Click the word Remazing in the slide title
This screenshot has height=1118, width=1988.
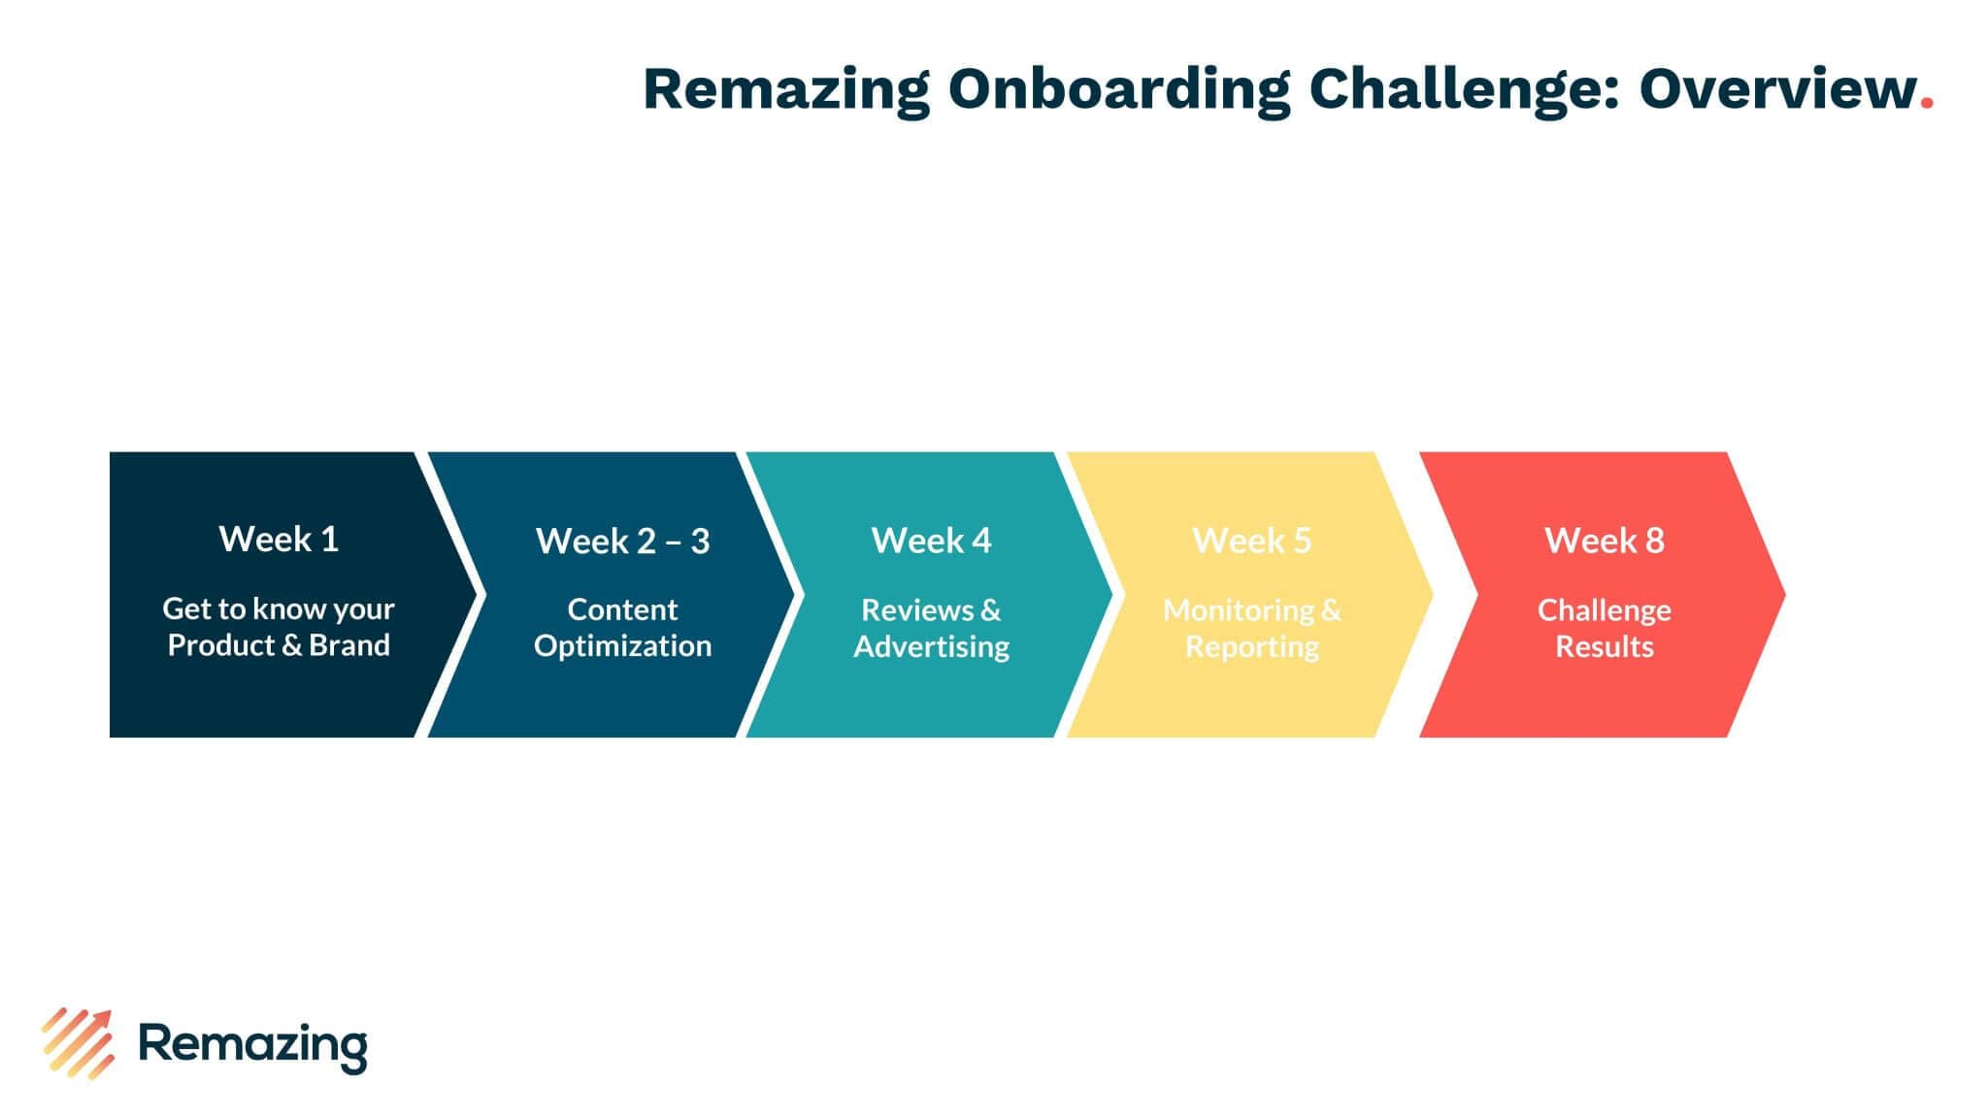point(785,90)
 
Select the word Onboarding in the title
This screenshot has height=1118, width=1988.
point(1118,90)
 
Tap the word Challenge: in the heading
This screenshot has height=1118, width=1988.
point(1464,90)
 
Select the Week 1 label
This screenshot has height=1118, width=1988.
point(279,539)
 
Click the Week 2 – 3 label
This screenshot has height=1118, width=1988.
point(622,541)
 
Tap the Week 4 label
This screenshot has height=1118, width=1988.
point(931,541)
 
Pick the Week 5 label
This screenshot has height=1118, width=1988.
point(1251,541)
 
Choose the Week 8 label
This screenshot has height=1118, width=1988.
point(1604,541)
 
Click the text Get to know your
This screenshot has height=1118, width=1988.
point(279,609)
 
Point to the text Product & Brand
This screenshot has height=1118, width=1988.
point(279,645)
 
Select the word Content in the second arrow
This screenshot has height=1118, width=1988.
point(622,609)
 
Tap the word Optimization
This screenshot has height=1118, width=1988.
point(622,646)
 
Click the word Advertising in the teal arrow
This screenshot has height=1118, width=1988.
point(931,646)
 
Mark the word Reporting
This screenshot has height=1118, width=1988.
point(1251,646)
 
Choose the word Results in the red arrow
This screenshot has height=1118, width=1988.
point(1604,646)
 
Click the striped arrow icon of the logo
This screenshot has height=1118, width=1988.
point(78,1043)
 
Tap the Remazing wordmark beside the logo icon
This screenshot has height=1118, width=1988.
point(253,1045)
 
